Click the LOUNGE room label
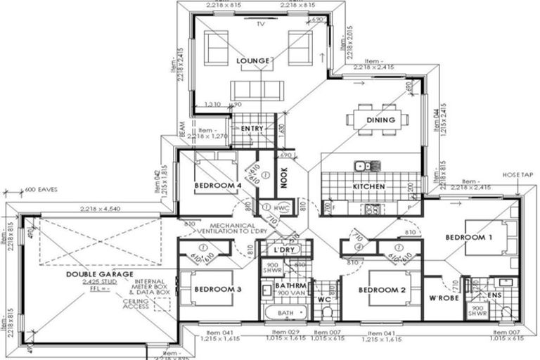253,61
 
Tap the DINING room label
380,120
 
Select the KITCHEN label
368,187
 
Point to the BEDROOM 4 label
217,186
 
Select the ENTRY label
252,129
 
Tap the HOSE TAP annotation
517,174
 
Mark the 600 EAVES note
41,190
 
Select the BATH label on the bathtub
285,312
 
